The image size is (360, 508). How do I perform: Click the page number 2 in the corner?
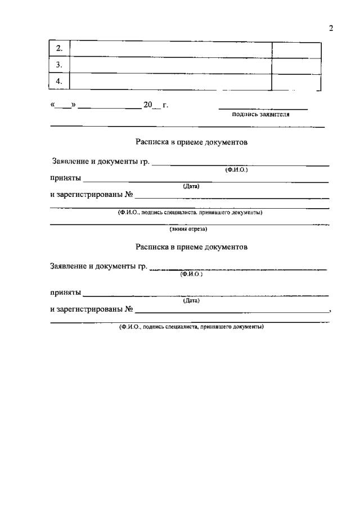click(x=331, y=28)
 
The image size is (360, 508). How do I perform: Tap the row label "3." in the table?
click(x=60, y=65)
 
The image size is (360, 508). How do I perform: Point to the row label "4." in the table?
click(x=60, y=82)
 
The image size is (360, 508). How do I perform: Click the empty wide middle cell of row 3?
click(x=170, y=65)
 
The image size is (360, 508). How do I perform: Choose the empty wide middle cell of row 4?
click(x=170, y=82)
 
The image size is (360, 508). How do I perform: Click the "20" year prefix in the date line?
click(x=148, y=105)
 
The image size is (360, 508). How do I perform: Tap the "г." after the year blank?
click(x=165, y=105)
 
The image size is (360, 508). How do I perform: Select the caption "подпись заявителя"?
click(x=261, y=114)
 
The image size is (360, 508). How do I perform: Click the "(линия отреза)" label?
click(x=188, y=229)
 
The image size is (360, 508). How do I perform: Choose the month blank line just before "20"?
click(x=110, y=107)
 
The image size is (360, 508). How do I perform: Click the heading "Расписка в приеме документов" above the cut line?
click(x=191, y=142)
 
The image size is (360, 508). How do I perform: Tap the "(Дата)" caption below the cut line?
click(x=191, y=300)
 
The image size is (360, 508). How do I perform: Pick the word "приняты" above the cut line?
click(x=65, y=179)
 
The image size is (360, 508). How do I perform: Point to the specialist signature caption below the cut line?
click(x=191, y=327)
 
